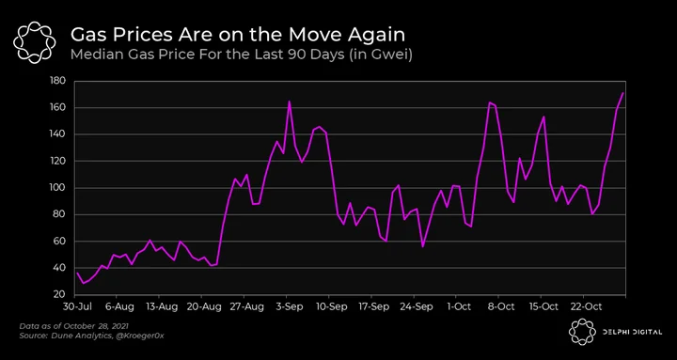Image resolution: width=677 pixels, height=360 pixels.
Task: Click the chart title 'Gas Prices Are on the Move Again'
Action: click(238, 35)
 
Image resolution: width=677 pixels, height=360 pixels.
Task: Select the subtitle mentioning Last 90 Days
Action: click(241, 55)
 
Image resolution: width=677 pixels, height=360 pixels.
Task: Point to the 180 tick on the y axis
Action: click(57, 81)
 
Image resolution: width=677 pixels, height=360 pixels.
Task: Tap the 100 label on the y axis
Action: click(58, 188)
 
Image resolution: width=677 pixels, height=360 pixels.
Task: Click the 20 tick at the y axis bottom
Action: click(60, 295)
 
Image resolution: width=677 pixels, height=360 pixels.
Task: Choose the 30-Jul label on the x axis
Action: click(74, 307)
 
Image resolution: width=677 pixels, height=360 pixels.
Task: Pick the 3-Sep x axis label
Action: click(289, 307)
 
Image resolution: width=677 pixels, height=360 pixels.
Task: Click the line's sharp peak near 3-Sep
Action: click(289, 102)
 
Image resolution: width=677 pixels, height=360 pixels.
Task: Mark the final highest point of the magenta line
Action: click(622, 93)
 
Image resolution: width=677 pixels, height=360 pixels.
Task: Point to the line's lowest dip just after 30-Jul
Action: click(84, 283)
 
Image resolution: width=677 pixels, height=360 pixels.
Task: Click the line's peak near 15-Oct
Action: click(543, 117)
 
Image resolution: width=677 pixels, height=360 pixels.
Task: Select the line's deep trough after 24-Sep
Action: click(423, 246)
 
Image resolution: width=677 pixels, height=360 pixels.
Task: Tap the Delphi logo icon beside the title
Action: click(35, 42)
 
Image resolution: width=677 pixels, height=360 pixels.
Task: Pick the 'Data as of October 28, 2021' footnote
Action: click(73, 326)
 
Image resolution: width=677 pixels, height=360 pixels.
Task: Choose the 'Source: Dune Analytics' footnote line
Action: click(91, 336)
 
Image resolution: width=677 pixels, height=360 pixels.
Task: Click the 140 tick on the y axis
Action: click(58, 134)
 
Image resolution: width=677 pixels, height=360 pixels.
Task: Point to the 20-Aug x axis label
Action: click(205, 307)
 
